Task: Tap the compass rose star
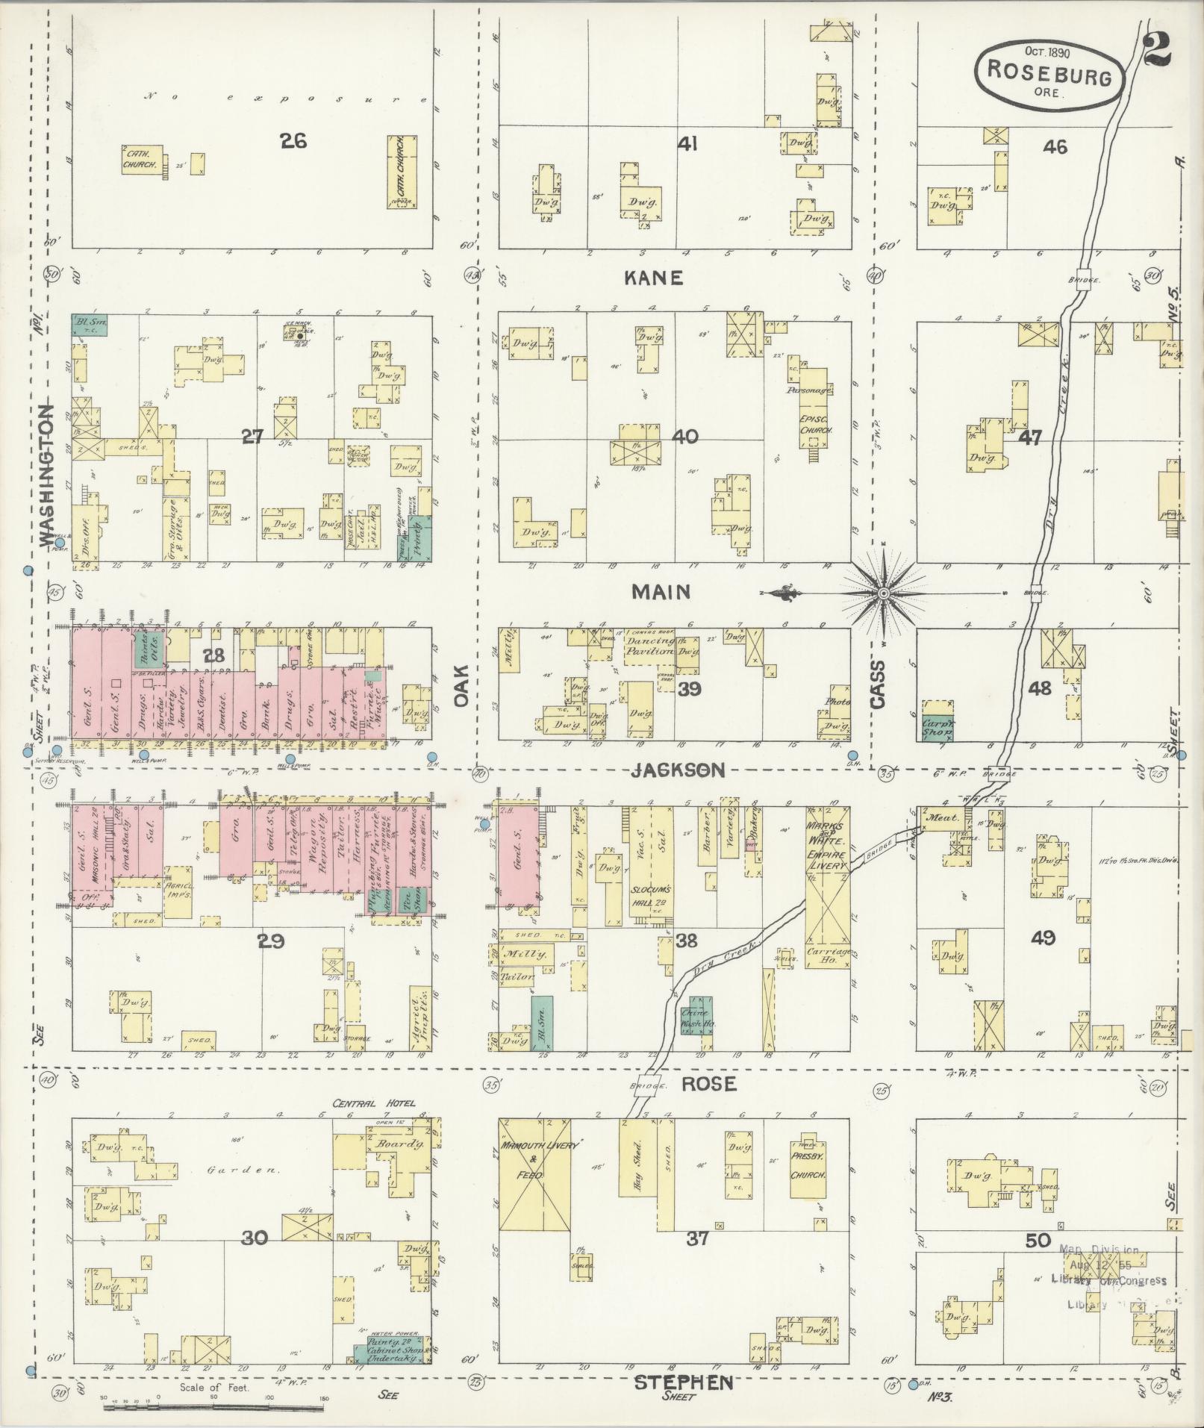(884, 593)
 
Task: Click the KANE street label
(654, 278)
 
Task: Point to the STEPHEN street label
(684, 1383)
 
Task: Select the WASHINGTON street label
(47, 475)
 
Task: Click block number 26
(293, 140)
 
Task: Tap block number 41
(687, 143)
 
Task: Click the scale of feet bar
(213, 1407)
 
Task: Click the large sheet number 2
(1157, 49)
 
